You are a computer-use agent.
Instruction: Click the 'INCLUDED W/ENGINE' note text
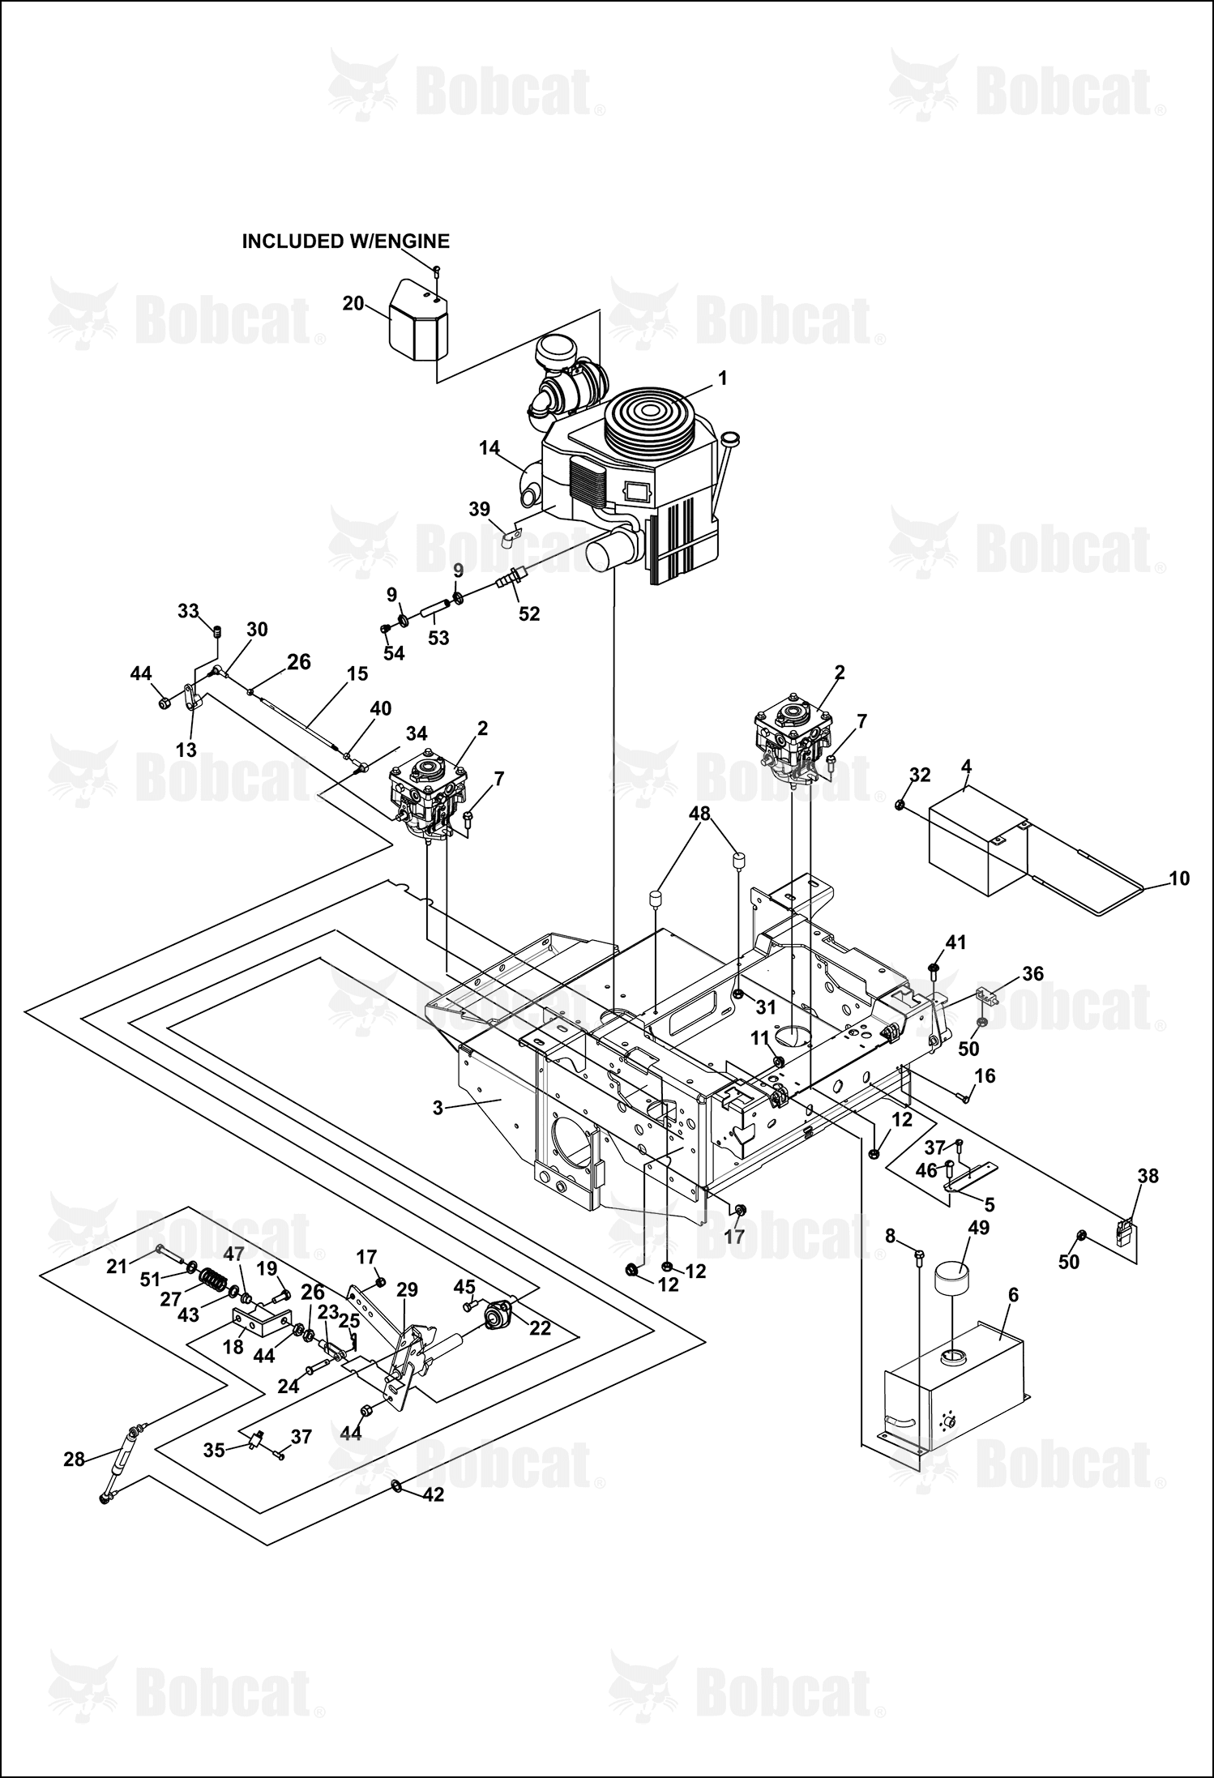346,241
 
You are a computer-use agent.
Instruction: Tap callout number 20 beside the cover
353,303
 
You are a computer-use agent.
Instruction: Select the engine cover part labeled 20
418,319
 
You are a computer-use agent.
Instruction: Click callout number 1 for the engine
722,378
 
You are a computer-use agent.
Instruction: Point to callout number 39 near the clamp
479,509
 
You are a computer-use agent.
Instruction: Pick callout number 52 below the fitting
529,613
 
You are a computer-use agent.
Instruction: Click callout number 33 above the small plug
188,610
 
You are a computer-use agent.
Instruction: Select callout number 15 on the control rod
357,673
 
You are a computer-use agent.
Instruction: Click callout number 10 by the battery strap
1179,878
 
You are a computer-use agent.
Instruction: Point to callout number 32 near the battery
920,775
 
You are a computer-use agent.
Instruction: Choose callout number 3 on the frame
438,1107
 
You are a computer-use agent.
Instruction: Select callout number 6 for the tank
1013,1295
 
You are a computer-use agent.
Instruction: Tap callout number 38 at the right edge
1148,1175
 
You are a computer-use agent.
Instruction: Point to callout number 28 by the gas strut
74,1460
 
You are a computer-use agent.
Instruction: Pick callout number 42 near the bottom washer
434,1494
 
